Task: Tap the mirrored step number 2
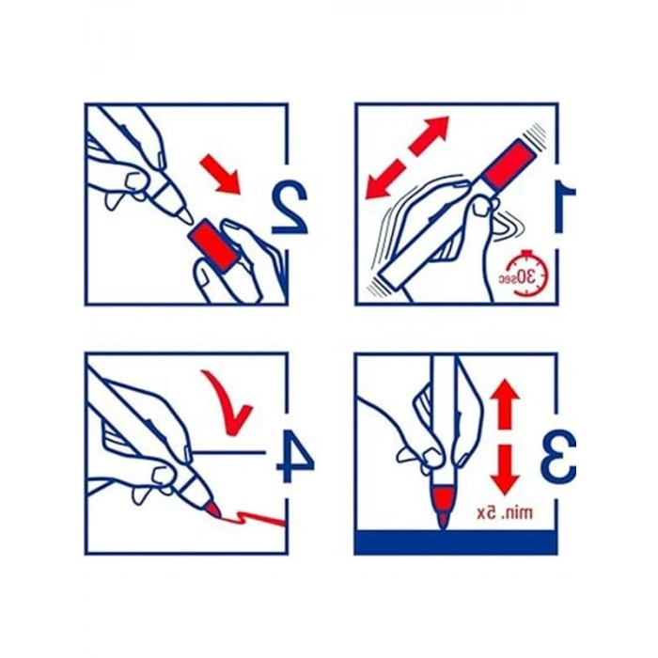[x=290, y=208]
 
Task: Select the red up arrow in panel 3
[x=505, y=404]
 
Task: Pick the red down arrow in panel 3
[x=505, y=471]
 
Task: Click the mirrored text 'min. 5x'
[x=505, y=513]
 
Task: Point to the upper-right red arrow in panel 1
[x=429, y=136]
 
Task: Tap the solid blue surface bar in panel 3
[x=456, y=541]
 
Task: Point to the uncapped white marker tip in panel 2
[x=183, y=215]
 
